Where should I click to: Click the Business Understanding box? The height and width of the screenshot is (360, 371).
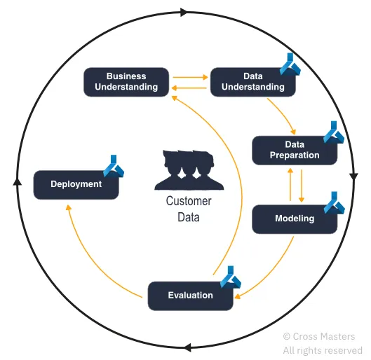point(126,82)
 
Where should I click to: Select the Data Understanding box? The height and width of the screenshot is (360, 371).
point(253,82)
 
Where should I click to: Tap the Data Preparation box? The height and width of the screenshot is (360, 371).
point(295,151)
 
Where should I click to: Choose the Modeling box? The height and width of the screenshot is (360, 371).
point(295,219)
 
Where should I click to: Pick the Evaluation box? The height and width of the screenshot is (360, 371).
point(191,296)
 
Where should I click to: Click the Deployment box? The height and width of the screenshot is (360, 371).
point(76,185)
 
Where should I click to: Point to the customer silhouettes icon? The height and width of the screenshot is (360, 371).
point(189,169)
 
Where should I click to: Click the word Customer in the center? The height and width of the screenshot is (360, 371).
point(189,201)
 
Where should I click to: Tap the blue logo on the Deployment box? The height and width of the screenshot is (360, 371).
point(114,166)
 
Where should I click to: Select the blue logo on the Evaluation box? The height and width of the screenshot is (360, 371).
point(231,277)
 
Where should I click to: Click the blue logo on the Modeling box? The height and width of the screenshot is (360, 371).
point(334,203)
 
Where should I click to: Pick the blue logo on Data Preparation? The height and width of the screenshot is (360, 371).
point(334,132)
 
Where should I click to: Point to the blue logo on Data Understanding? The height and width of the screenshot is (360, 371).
point(290,64)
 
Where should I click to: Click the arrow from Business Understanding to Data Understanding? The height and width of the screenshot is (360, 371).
point(190,77)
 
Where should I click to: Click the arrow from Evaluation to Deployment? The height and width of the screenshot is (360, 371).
point(94,261)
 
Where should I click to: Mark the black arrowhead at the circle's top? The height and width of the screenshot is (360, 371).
point(184,12)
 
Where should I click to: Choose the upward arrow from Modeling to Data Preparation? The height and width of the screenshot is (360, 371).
point(290,184)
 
